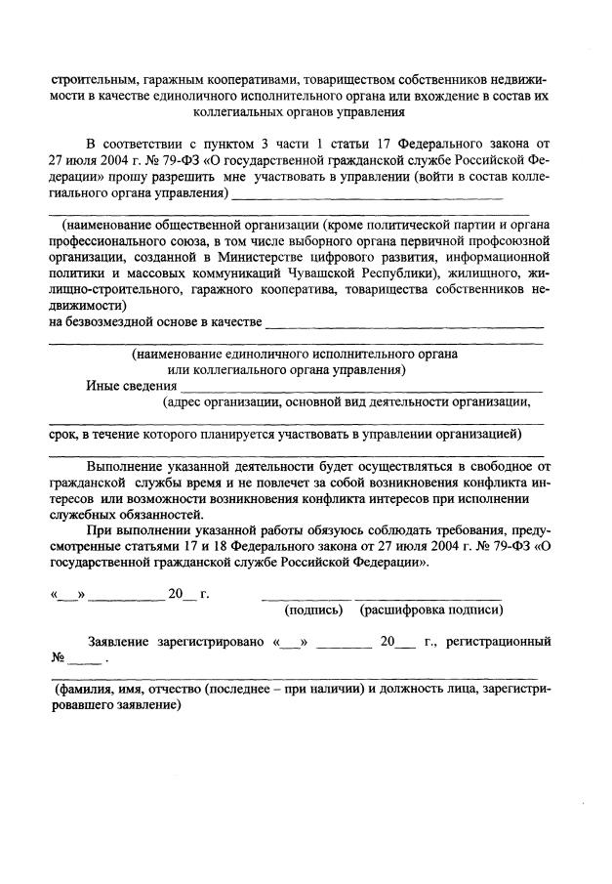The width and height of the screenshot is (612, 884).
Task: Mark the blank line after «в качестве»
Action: (x=404, y=325)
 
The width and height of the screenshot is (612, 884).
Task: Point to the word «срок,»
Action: (x=65, y=433)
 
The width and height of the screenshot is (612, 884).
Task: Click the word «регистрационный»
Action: (x=498, y=642)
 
